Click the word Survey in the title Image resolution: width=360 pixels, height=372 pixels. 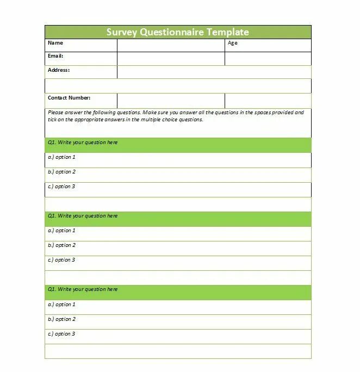(x=122, y=32)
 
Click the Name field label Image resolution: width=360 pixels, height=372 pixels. (x=55, y=43)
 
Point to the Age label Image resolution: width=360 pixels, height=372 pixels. (x=233, y=43)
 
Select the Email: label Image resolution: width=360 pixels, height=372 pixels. (x=56, y=56)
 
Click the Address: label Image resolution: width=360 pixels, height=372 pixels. (x=59, y=70)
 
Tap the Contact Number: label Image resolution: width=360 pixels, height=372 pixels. (x=69, y=98)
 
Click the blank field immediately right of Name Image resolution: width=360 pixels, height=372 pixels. (x=171, y=45)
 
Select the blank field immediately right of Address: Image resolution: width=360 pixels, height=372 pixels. (x=214, y=72)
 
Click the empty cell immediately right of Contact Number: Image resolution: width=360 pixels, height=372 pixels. (x=171, y=101)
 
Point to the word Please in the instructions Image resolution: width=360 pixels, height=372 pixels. (x=56, y=113)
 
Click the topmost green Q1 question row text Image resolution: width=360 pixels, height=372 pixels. (x=83, y=142)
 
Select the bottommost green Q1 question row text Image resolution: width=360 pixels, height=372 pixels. (x=83, y=289)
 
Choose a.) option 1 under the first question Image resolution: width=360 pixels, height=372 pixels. (x=61, y=157)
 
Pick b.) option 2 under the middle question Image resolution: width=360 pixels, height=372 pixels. (x=61, y=245)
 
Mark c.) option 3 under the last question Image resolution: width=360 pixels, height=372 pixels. (x=61, y=334)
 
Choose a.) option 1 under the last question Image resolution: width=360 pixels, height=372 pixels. (x=61, y=305)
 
